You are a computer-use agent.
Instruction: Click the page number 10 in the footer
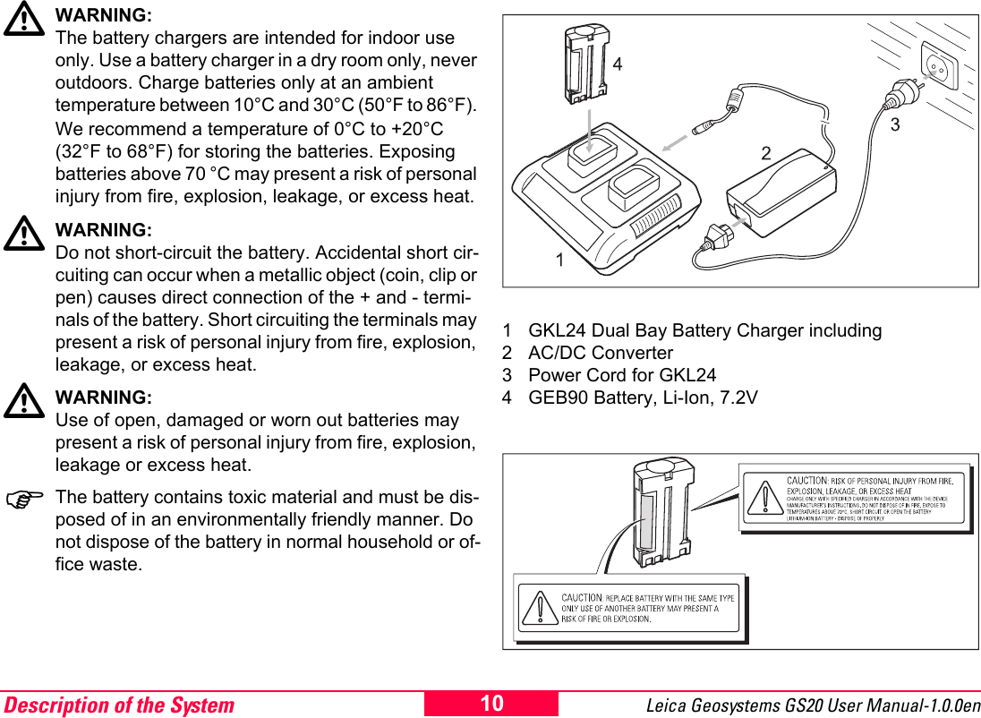[491, 704]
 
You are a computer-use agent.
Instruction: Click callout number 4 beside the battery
[618, 64]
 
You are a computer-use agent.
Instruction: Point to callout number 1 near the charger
[559, 261]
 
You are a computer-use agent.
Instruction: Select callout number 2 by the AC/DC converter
[765, 153]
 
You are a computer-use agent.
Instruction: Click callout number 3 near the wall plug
[894, 125]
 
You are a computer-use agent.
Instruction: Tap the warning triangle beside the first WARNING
[24, 21]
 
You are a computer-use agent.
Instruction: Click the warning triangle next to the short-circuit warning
[24, 235]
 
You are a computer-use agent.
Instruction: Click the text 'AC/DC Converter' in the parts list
[600, 353]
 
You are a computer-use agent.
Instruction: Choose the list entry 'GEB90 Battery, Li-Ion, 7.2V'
[643, 397]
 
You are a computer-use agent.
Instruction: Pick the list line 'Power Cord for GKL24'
[622, 375]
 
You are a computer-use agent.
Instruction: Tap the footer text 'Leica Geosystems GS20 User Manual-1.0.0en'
[812, 705]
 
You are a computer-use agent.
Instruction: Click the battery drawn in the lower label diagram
[661, 513]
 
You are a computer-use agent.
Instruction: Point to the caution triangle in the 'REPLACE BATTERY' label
[540, 608]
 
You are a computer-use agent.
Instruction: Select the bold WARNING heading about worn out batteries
[103, 397]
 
